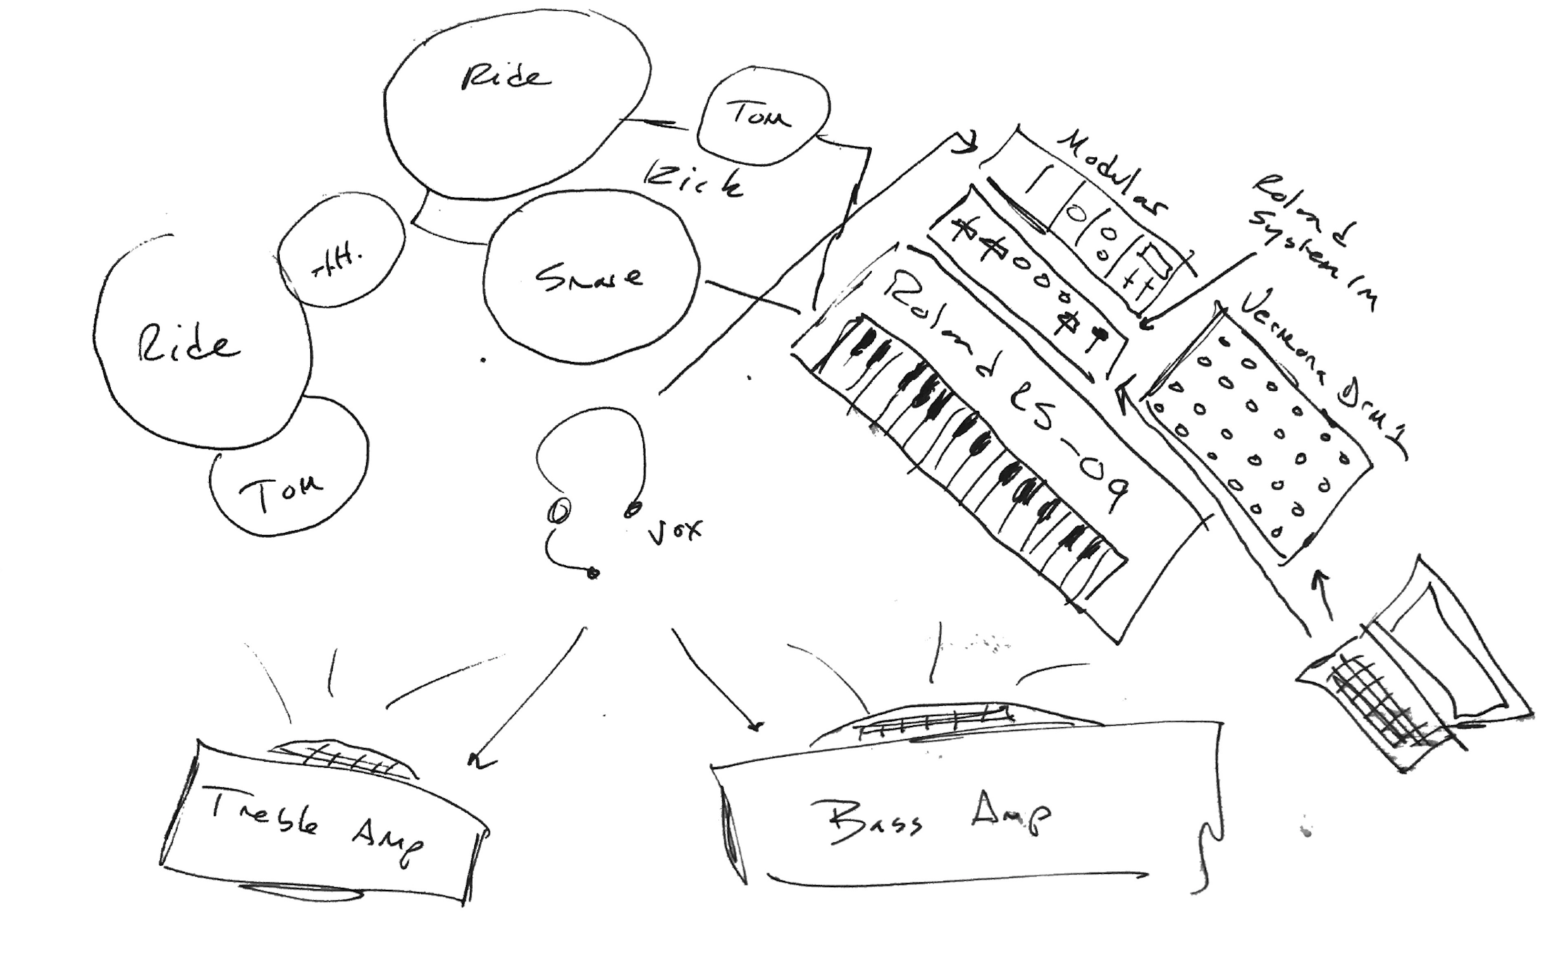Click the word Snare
tap(589, 278)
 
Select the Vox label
tap(675, 531)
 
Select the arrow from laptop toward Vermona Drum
tap(1323, 593)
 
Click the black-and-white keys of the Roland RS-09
tap(965, 441)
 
